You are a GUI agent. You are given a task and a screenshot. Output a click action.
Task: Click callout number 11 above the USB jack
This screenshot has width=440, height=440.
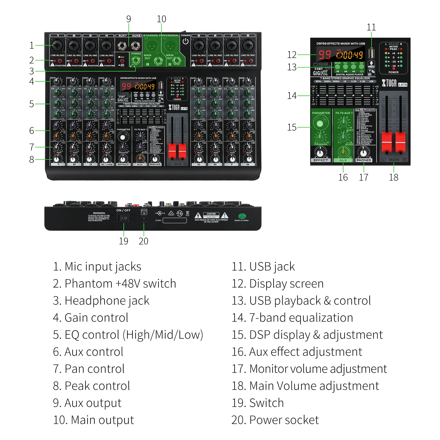[371, 27]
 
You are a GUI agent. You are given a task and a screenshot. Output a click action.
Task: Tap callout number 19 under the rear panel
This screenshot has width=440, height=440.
[123, 241]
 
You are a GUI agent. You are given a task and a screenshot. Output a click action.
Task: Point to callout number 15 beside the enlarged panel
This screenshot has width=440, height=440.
[292, 127]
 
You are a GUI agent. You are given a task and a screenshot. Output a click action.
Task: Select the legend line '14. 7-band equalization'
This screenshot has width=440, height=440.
[292, 318]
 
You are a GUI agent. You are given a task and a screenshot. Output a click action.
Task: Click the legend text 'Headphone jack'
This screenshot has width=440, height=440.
[107, 301]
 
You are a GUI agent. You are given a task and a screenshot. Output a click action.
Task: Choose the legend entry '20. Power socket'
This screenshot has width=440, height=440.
[275, 420]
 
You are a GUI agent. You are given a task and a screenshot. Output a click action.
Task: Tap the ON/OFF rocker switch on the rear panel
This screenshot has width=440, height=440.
[123, 218]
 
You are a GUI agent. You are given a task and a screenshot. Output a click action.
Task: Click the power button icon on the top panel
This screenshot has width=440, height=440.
[186, 41]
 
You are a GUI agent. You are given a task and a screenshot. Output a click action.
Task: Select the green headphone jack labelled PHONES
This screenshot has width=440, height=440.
[136, 61]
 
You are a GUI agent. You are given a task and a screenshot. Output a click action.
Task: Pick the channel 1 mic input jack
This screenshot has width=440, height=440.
[57, 45]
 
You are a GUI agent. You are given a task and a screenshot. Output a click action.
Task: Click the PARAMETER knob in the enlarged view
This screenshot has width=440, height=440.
[320, 123]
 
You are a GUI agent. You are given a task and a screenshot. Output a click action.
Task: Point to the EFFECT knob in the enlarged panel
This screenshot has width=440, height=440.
[320, 153]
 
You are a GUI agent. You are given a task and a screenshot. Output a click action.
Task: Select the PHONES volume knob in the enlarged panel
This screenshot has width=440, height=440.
[364, 153]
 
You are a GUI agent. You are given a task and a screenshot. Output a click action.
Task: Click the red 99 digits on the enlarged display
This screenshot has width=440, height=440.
[325, 55]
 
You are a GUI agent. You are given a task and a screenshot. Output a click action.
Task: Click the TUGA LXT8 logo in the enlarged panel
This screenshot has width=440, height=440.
[394, 83]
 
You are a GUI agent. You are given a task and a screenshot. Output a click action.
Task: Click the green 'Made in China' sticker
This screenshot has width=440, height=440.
[242, 216]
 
